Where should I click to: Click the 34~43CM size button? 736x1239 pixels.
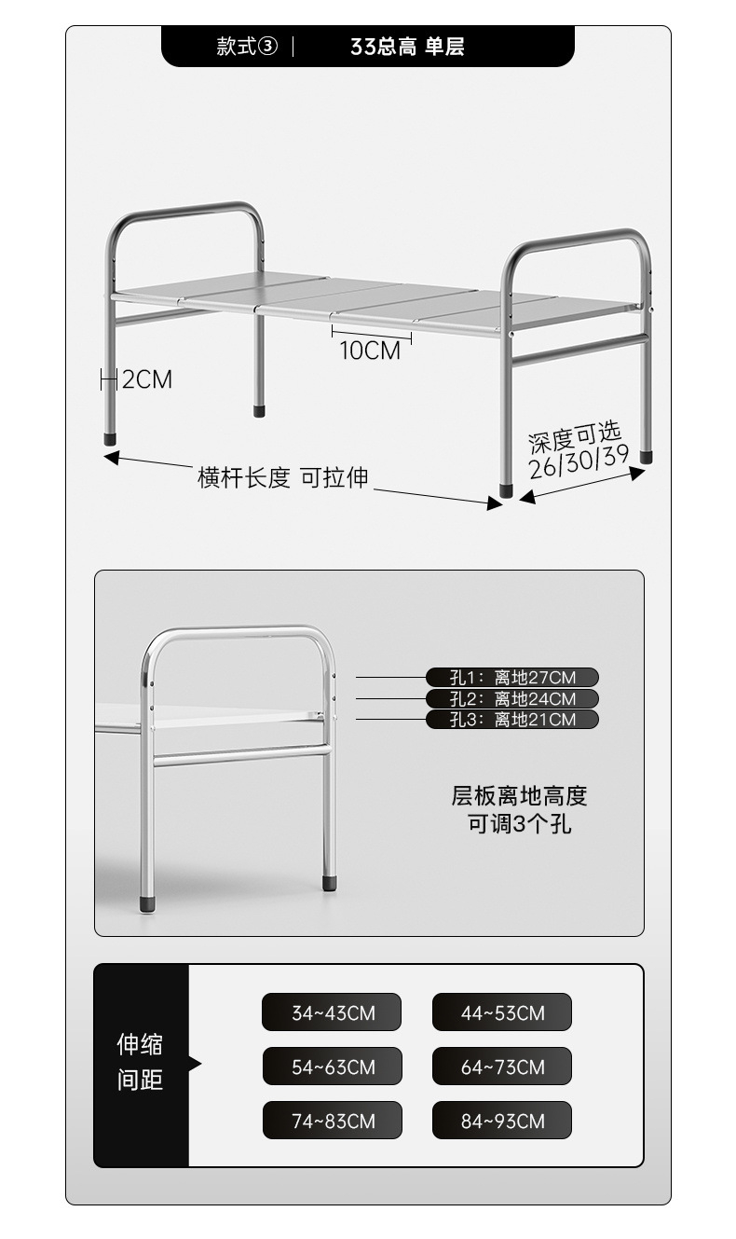pyautogui.click(x=332, y=1012)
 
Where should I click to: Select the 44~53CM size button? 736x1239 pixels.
pyautogui.click(x=502, y=1012)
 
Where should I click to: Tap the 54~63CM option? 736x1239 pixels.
pyautogui.click(x=332, y=1067)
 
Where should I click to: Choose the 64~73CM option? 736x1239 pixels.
pyautogui.click(x=502, y=1067)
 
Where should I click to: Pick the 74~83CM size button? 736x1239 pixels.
pyautogui.click(x=332, y=1121)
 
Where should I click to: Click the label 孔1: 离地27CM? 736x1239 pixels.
pyautogui.click(x=512, y=678)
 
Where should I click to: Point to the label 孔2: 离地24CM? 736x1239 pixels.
pyautogui.click(x=512, y=698)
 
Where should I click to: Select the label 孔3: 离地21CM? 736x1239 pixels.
pyautogui.click(x=512, y=719)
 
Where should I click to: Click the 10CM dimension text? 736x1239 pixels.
pyautogui.click(x=370, y=351)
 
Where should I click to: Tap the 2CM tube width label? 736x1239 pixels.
pyautogui.click(x=147, y=379)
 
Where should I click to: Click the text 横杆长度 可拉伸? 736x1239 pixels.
pyautogui.click(x=282, y=478)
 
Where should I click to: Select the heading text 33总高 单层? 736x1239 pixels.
pyautogui.click(x=407, y=47)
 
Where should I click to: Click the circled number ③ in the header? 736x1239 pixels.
pyautogui.click(x=267, y=47)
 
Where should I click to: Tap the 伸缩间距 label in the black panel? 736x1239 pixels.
pyautogui.click(x=140, y=1062)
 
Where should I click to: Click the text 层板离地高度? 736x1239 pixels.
pyautogui.click(x=519, y=796)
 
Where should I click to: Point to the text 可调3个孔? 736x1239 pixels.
pyautogui.click(x=519, y=824)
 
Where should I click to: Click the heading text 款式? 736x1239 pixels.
pyautogui.click(x=236, y=47)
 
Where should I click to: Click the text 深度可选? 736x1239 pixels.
pyautogui.click(x=574, y=435)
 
